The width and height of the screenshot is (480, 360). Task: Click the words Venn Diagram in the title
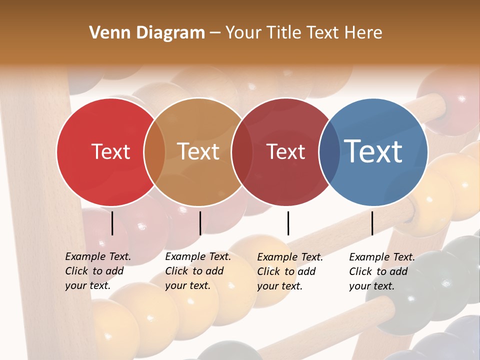[147, 33]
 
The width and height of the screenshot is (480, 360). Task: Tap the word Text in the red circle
[110, 151]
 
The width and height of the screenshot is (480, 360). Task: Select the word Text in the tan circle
[198, 151]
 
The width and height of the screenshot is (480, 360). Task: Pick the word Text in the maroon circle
[285, 151]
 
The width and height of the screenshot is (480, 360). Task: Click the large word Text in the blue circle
[373, 151]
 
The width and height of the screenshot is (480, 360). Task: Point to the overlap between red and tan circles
[154, 152]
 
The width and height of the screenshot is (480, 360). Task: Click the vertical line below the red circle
[112, 223]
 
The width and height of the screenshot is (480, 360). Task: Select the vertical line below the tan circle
[200, 223]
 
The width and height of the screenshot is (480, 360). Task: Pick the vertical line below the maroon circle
[288, 223]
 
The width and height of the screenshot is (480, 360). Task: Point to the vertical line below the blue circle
[372, 223]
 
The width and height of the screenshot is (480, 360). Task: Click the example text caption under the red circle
[97, 271]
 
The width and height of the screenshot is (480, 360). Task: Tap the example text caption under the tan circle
[197, 271]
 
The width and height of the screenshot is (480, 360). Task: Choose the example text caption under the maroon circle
[289, 271]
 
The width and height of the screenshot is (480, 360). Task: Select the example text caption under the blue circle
[381, 271]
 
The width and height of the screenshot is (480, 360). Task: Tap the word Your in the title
[244, 33]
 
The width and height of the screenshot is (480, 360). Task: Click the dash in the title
[215, 33]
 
